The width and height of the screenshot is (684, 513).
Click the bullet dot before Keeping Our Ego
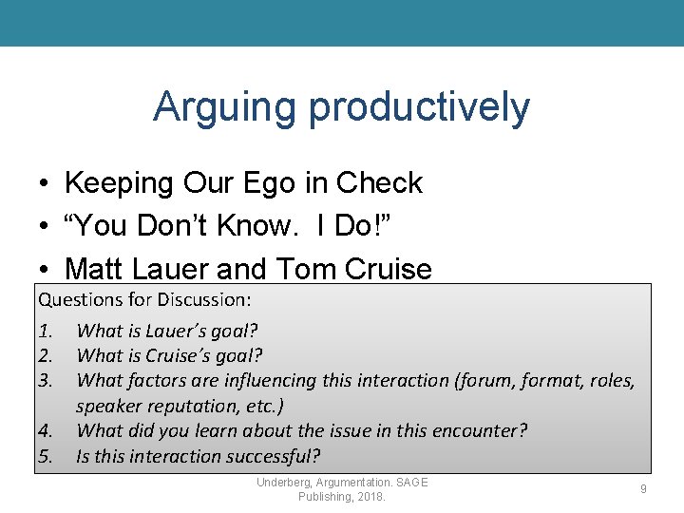coord(45,182)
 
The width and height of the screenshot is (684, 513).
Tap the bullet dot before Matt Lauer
coord(45,269)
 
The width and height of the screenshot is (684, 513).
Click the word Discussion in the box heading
coord(204,300)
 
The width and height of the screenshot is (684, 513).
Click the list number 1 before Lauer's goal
coord(45,332)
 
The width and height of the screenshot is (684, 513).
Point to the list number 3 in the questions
coord(45,381)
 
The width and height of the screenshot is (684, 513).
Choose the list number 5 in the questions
coord(45,455)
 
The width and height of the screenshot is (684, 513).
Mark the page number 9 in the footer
coord(643,489)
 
